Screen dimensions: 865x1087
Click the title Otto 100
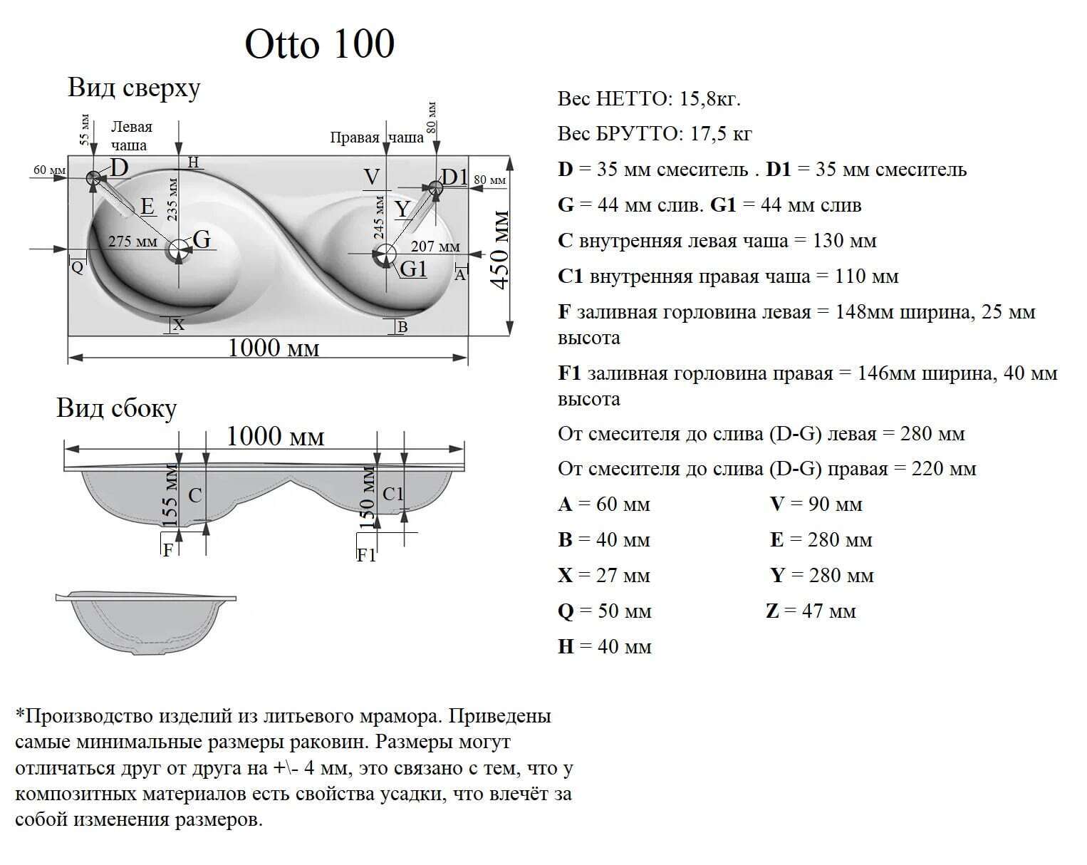click(319, 45)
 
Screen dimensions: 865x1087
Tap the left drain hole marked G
click(179, 249)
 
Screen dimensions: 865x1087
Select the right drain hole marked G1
click(385, 254)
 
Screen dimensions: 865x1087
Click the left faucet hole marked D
click(93, 178)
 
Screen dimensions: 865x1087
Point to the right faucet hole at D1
click(435, 187)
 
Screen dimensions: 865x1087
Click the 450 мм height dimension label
click(501, 249)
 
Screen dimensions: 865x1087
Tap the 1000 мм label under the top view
click(274, 348)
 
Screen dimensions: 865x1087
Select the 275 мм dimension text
click(132, 242)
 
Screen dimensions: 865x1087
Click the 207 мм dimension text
click(435, 247)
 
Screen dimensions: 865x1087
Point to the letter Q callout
click(78, 268)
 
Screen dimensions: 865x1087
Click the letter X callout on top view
click(178, 325)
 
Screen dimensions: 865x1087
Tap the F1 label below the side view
click(366, 555)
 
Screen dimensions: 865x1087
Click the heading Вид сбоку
click(116, 408)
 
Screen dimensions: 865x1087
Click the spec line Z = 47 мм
click(811, 611)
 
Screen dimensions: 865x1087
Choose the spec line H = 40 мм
click(605, 646)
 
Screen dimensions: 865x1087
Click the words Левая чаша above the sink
click(131, 135)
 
